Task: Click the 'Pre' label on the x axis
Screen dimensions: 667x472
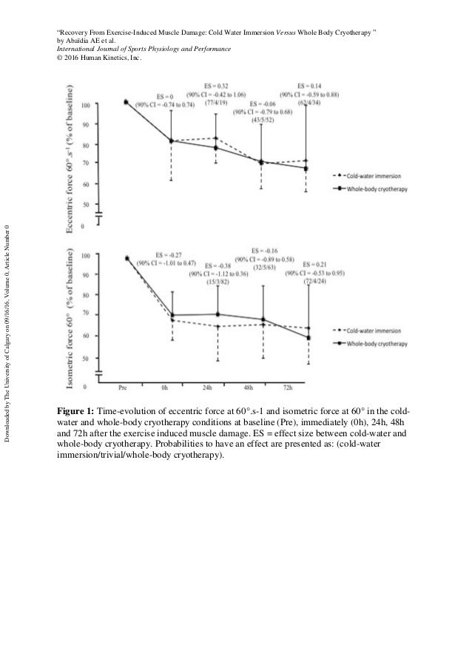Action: pos(127,386)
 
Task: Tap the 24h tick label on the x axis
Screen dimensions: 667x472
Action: pos(217,386)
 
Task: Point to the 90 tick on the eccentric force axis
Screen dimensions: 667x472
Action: pos(87,125)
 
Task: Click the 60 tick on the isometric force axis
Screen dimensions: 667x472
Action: pos(87,336)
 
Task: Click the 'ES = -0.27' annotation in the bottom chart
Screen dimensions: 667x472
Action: pos(170,254)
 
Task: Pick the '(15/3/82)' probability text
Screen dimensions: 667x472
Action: pos(218,282)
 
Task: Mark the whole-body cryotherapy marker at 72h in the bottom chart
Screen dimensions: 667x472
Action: pos(308,338)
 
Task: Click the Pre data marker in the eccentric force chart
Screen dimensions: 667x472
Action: pos(127,102)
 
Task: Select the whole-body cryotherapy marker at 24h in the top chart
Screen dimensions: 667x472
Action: pos(216,148)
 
